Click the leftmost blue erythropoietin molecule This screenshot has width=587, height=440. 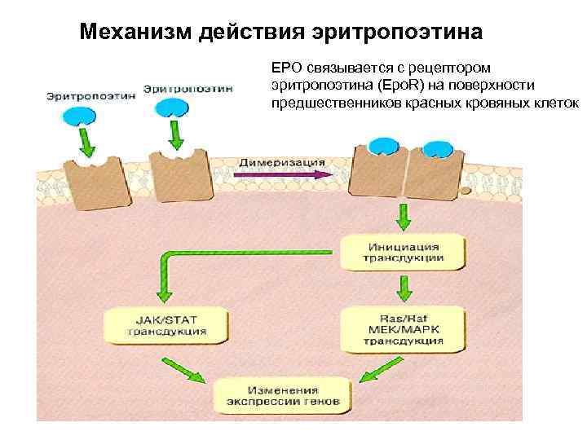(x=78, y=115)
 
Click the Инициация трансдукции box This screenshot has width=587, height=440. (x=403, y=252)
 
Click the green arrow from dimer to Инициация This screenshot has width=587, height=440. (x=403, y=217)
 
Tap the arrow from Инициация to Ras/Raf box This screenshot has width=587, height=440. (x=403, y=286)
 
